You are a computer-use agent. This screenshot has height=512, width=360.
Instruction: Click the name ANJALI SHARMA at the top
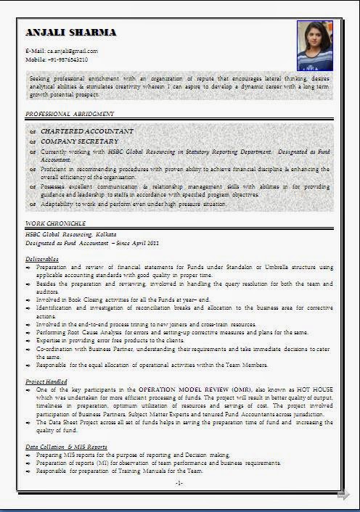point(70,33)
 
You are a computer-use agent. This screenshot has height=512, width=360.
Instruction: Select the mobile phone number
point(67,59)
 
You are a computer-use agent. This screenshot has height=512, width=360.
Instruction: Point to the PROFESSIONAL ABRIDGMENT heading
point(70,114)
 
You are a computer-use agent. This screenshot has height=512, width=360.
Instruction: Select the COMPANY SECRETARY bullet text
point(79,141)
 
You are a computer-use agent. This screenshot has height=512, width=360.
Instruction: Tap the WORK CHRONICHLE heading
point(56,223)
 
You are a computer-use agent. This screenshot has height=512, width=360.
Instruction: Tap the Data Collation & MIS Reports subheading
point(66,446)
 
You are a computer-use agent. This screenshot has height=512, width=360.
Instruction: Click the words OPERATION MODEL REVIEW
point(181,390)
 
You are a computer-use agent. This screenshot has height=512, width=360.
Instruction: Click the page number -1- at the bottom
point(179,482)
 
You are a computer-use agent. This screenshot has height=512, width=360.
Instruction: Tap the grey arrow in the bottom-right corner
point(343,495)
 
